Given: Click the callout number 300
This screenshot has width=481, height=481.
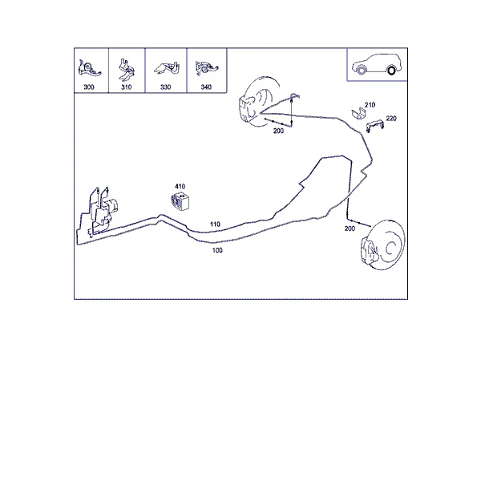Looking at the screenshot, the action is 89,87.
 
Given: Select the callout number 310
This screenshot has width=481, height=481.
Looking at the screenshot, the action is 127,87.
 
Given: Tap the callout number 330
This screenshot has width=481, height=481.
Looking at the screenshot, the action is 166,87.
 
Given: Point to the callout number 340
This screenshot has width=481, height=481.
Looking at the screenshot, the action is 206,87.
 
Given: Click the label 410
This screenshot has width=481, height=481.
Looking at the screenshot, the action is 180,187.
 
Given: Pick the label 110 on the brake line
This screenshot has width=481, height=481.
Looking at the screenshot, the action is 215,224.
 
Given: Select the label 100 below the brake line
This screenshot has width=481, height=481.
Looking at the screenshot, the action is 217,250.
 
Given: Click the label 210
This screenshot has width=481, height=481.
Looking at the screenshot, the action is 370,105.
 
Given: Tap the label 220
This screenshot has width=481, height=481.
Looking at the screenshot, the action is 391,119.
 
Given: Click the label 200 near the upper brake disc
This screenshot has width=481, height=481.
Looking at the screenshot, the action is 278,131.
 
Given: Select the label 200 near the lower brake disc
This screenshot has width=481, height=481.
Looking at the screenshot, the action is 350,228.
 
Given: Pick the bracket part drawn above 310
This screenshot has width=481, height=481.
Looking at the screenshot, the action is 126,69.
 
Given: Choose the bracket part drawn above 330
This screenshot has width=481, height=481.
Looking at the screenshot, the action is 167,68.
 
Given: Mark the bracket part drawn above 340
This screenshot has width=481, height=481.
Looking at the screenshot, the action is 206,67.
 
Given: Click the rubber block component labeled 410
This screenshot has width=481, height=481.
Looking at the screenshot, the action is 180,201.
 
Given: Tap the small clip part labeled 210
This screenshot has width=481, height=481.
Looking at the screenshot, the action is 358,113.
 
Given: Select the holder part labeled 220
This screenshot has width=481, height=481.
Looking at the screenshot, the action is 375,126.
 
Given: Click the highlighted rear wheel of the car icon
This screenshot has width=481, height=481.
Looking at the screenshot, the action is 391,71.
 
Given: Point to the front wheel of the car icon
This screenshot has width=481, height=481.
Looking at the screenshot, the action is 362,71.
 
